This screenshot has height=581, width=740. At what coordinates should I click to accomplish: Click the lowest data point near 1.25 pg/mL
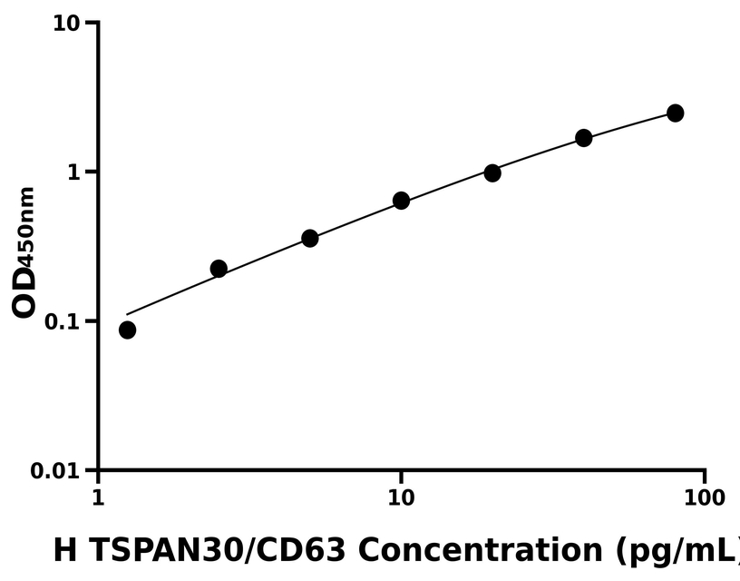point(127,330)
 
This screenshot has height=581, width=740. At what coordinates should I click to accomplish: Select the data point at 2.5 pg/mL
point(219,269)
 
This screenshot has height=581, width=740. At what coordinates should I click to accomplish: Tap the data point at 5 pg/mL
point(309,238)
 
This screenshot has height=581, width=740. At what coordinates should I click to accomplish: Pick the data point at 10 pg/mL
point(401,201)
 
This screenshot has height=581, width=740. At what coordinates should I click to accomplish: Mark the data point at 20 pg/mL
point(492,172)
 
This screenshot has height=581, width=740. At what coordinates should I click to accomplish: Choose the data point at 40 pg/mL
point(584,138)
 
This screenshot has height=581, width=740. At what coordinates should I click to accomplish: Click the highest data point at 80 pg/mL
point(675,113)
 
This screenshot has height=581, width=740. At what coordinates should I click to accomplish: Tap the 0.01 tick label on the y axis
point(55,472)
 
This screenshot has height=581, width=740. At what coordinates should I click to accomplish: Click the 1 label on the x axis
point(98,497)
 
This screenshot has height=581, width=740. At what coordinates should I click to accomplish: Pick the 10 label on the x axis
point(401,497)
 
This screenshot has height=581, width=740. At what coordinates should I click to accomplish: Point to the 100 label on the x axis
point(705,497)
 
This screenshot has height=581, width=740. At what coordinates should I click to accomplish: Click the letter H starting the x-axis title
point(63,550)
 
